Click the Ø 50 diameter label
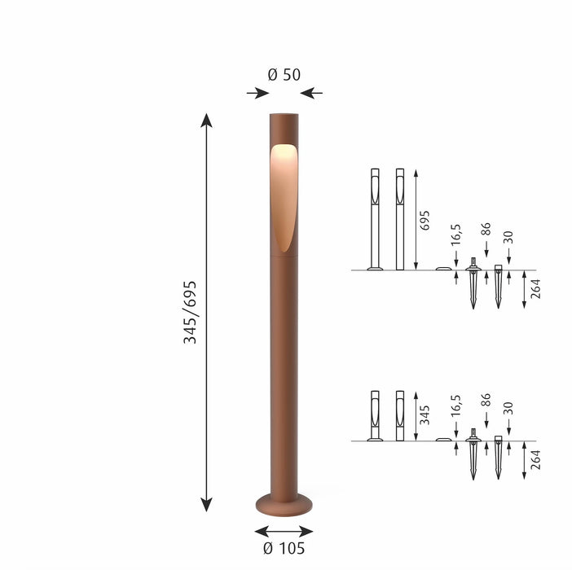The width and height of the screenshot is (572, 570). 284,75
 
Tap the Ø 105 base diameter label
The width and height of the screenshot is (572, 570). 284,548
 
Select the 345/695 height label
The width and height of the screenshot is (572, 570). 190,313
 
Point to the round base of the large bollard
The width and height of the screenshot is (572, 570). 284,504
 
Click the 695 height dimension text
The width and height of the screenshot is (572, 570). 425,220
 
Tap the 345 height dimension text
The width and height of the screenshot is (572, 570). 425,414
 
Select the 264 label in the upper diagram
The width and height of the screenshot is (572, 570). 535,289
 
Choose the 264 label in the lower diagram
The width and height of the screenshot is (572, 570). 535,459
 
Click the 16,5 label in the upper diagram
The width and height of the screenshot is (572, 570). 455,235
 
